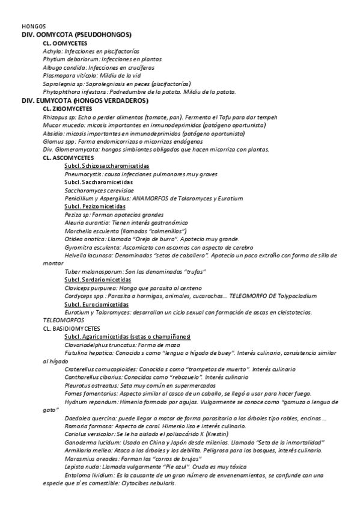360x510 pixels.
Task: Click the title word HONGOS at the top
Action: pos(30,26)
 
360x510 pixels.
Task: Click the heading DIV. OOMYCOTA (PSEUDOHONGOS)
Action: pos(77,35)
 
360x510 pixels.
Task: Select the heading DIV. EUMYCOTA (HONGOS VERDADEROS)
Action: pos(85,100)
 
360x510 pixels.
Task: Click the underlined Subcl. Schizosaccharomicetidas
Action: pos(106,165)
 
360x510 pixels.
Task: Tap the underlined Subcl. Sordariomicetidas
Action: pos(97,280)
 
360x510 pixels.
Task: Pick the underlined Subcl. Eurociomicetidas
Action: pos(97,304)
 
